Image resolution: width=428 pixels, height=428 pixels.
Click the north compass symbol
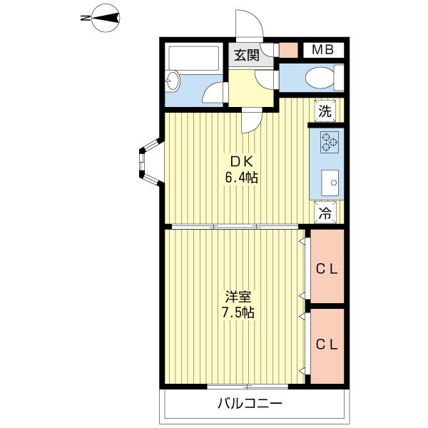[x=105, y=19]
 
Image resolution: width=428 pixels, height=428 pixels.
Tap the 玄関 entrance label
[x=247, y=56]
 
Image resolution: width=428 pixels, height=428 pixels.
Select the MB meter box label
[x=323, y=50]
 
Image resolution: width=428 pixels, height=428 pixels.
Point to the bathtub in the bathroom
[x=194, y=58]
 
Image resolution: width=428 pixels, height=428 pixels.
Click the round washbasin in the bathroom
[x=172, y=80]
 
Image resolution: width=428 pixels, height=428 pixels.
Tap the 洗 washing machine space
[x=325, y=111]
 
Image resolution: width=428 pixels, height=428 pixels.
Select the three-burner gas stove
[x=330, y=142]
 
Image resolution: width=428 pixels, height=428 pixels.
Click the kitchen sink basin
[x=330, y=183]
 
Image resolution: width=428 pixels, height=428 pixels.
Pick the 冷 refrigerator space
[x=325, y=212]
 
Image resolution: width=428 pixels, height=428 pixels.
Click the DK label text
[x=242, y=163]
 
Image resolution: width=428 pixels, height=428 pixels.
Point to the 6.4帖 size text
[x=241, y=178]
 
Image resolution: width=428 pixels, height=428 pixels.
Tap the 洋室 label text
[x=238, y=297]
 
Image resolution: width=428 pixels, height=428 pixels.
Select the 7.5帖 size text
[x=238, y=312]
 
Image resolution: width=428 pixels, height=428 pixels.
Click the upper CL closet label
[x=327, y=270]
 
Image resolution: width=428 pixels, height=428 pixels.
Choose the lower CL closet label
[x=327, y=345]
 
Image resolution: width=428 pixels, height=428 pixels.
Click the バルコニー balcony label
[x=250, y=404]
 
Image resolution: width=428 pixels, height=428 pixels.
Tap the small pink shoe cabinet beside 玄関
[x=288, y=50]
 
